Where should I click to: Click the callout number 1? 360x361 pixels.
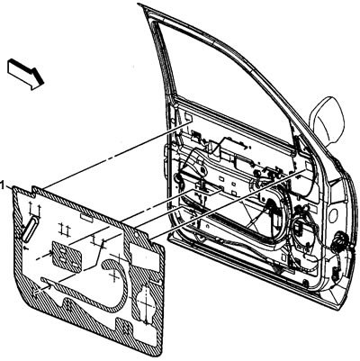click(x=3, y=185)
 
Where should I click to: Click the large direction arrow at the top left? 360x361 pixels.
click(x=26, y=74)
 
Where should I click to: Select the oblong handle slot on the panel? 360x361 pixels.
click(x=30, y=229)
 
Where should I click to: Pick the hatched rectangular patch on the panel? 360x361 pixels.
click(x=67, y=257)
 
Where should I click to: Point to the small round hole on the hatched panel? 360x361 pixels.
click(x=136, y=235)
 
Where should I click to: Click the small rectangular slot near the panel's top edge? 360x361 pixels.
click(x=86, y=218)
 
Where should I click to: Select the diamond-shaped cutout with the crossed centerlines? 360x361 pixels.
click(x=146, y=303)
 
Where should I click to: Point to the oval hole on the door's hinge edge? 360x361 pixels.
click(x=332, y=216)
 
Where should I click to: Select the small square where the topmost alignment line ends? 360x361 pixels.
click(x=188, y=118)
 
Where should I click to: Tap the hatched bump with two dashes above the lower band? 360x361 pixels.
click(x=68, y=305)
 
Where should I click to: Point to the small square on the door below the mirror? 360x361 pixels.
click(x=309, y=165)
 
